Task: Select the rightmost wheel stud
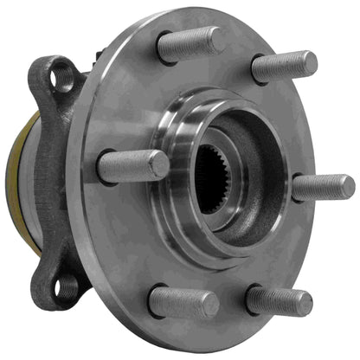click(x=322, y=187)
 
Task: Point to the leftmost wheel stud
click(x=132, y=166)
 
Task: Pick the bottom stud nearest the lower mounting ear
click(x=183, y=302)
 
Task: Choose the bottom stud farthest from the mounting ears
click(x=279, y=300)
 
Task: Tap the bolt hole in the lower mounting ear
click(x=64, y=286)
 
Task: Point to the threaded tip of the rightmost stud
click(x=344, y=186)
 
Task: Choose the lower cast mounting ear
click(x=57, y=273)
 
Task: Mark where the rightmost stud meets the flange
click(x=296, y=189)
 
